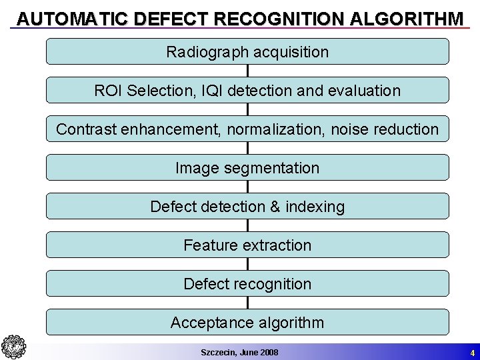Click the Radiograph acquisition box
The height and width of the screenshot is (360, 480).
click(247, 51)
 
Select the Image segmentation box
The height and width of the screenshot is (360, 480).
click(247, 168)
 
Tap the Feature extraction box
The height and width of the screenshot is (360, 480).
click(247, 245)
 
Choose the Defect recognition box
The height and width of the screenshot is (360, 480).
click(247, 284)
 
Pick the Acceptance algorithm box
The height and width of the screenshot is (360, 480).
click(247, 323)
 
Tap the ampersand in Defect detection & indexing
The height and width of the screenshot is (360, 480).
click(275, 207)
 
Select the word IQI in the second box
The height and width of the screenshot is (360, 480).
click(212, 91)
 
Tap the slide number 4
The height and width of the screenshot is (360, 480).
click(472, 353)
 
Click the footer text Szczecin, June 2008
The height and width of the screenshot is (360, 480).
click(239, 352)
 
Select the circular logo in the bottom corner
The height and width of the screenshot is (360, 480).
click(13, 347)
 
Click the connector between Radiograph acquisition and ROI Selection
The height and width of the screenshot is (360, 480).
click(247, 71)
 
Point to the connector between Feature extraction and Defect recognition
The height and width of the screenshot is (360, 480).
click(247, 265)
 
